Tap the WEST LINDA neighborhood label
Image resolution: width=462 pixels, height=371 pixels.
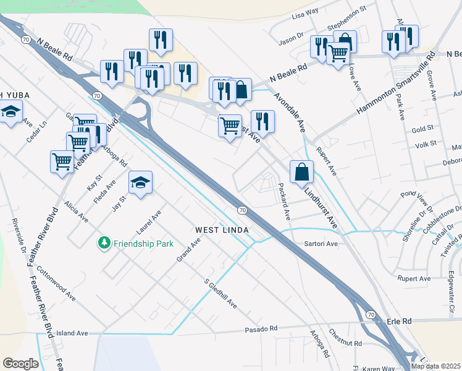pos(222,230)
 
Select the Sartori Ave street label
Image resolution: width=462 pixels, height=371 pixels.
pos(321,244)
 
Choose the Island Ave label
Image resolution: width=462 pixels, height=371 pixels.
pos(73,333)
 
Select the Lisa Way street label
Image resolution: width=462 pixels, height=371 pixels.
pos(304,12)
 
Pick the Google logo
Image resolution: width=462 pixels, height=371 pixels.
pos(20,364)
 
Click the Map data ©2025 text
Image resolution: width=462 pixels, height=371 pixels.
pos(435,366)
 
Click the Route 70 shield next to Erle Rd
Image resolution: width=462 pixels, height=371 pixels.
pos(370,315)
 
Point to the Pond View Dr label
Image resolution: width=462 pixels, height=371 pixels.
pos(417,203)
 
